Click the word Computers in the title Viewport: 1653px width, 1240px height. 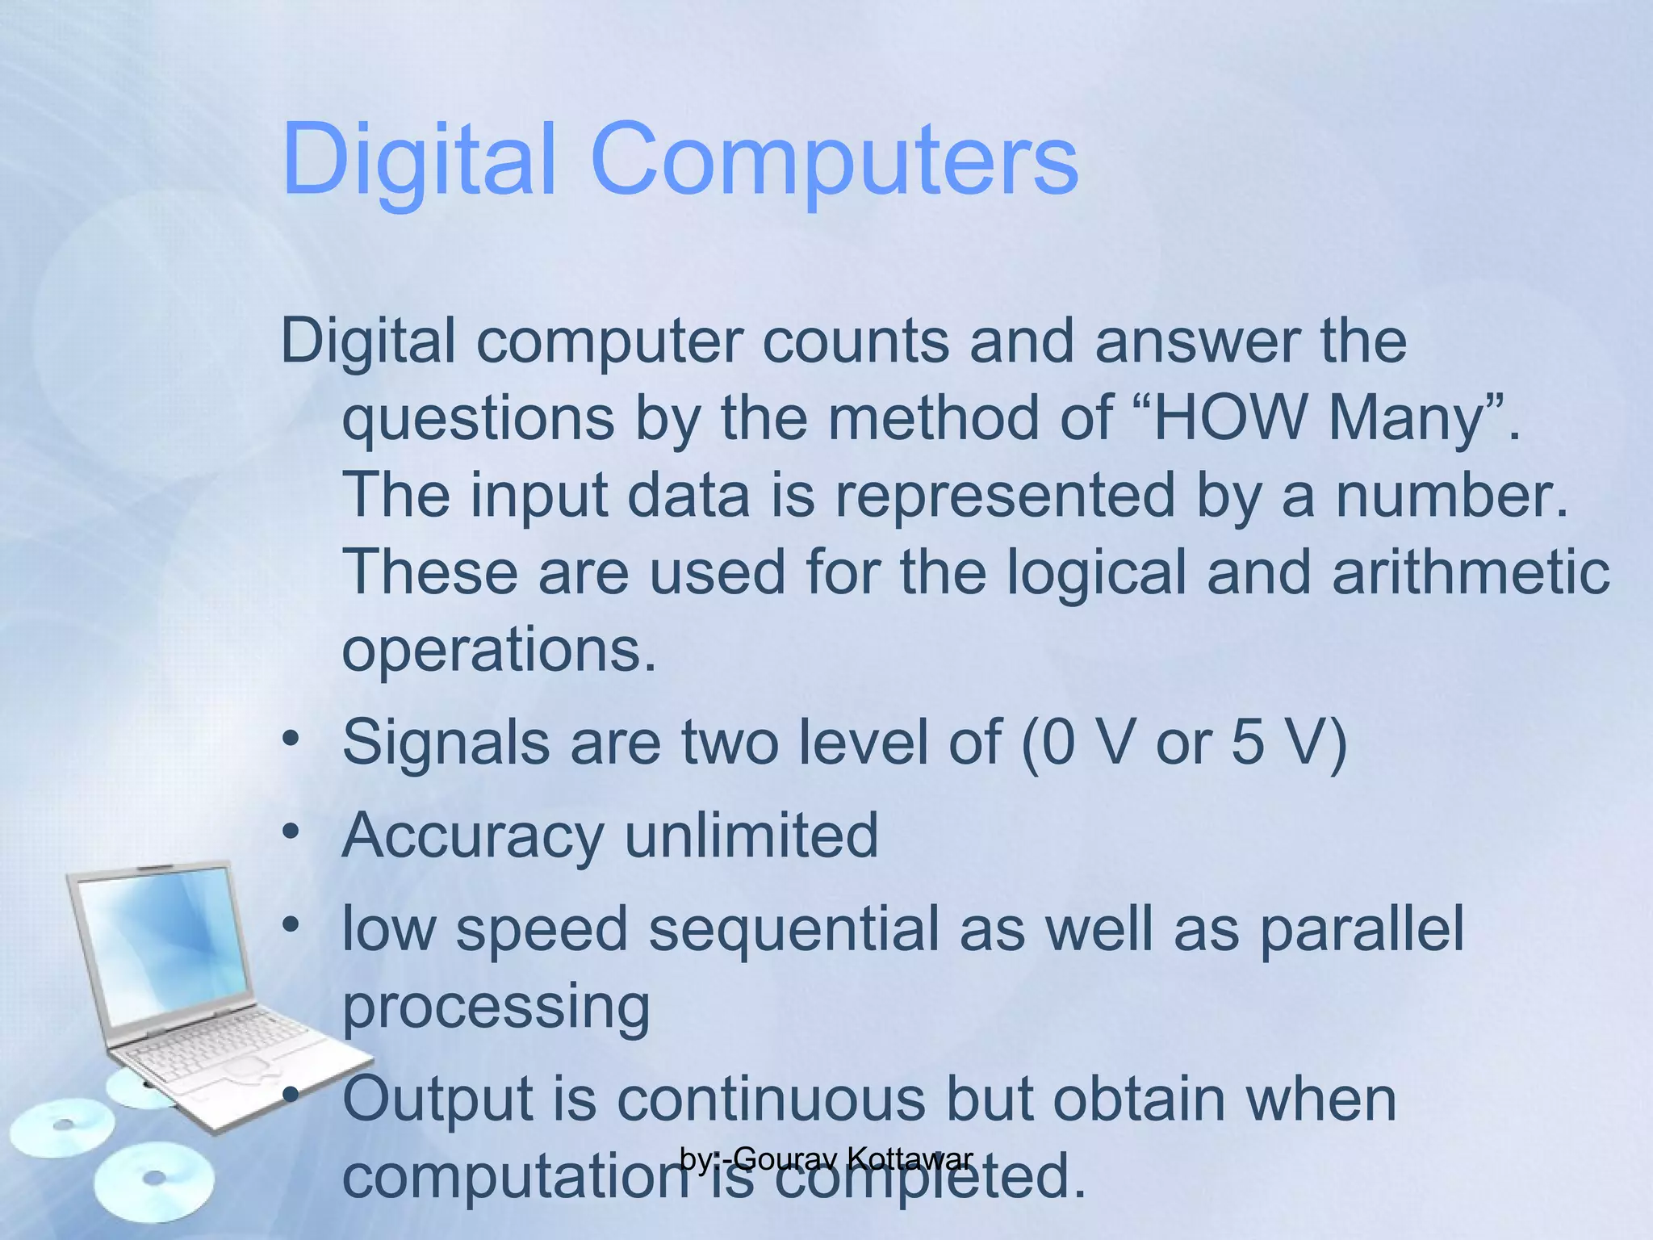point(835,158)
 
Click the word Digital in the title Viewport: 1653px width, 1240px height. point(419,158)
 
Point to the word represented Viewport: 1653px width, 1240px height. point(1005,495)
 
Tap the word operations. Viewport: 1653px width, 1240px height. point(499,649)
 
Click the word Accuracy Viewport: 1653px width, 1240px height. point(473,836)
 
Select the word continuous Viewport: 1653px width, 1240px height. point(771,1099)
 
